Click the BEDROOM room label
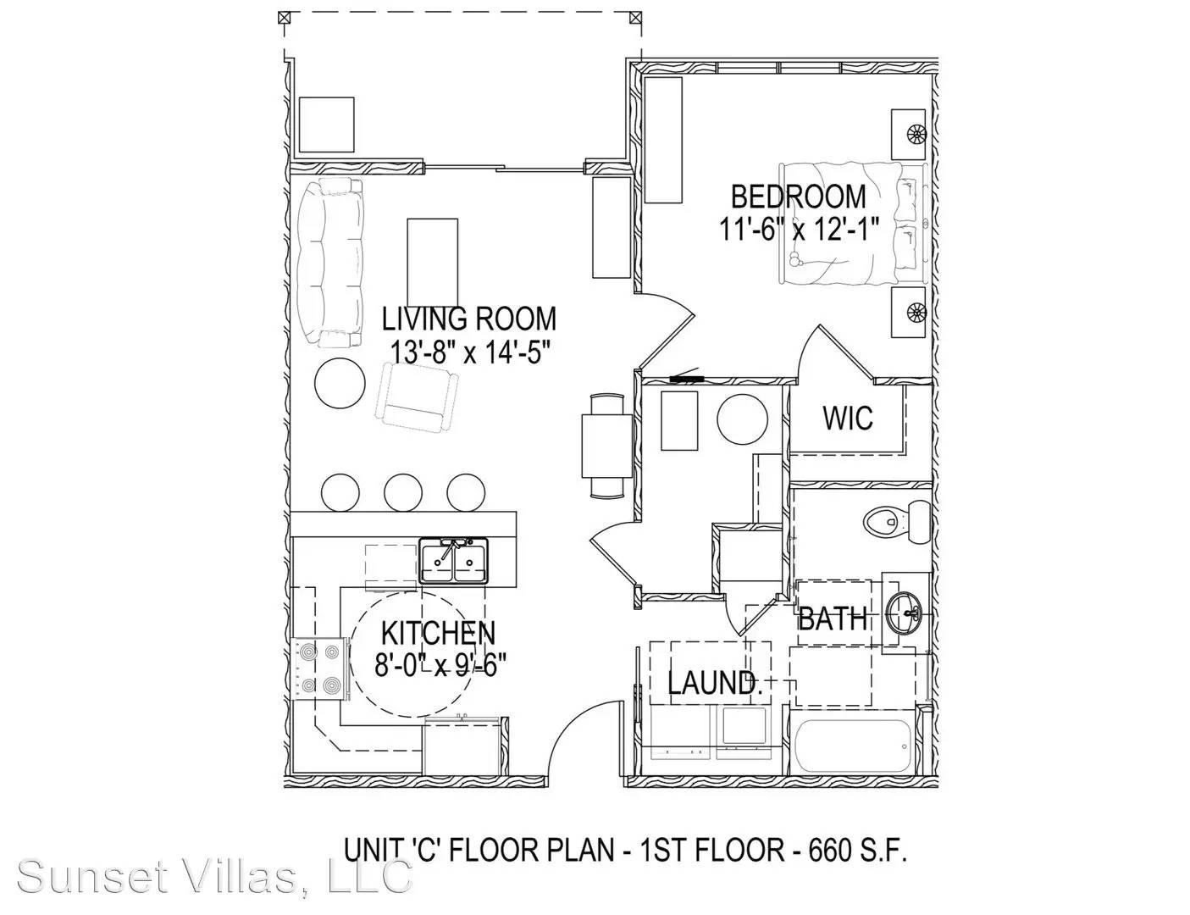[799, 197]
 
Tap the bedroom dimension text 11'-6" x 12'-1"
[799, 230]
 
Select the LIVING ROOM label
[468, 319]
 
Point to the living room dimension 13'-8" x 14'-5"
[468, 352]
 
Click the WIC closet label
[848, 419]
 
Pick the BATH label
[833, 618]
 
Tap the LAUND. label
[715, 683]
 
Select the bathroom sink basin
[905, 613]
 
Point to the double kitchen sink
[454, 561]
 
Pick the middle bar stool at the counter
[402, 491]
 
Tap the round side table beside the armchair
[340, 383]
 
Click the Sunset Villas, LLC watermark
[214, 875]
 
